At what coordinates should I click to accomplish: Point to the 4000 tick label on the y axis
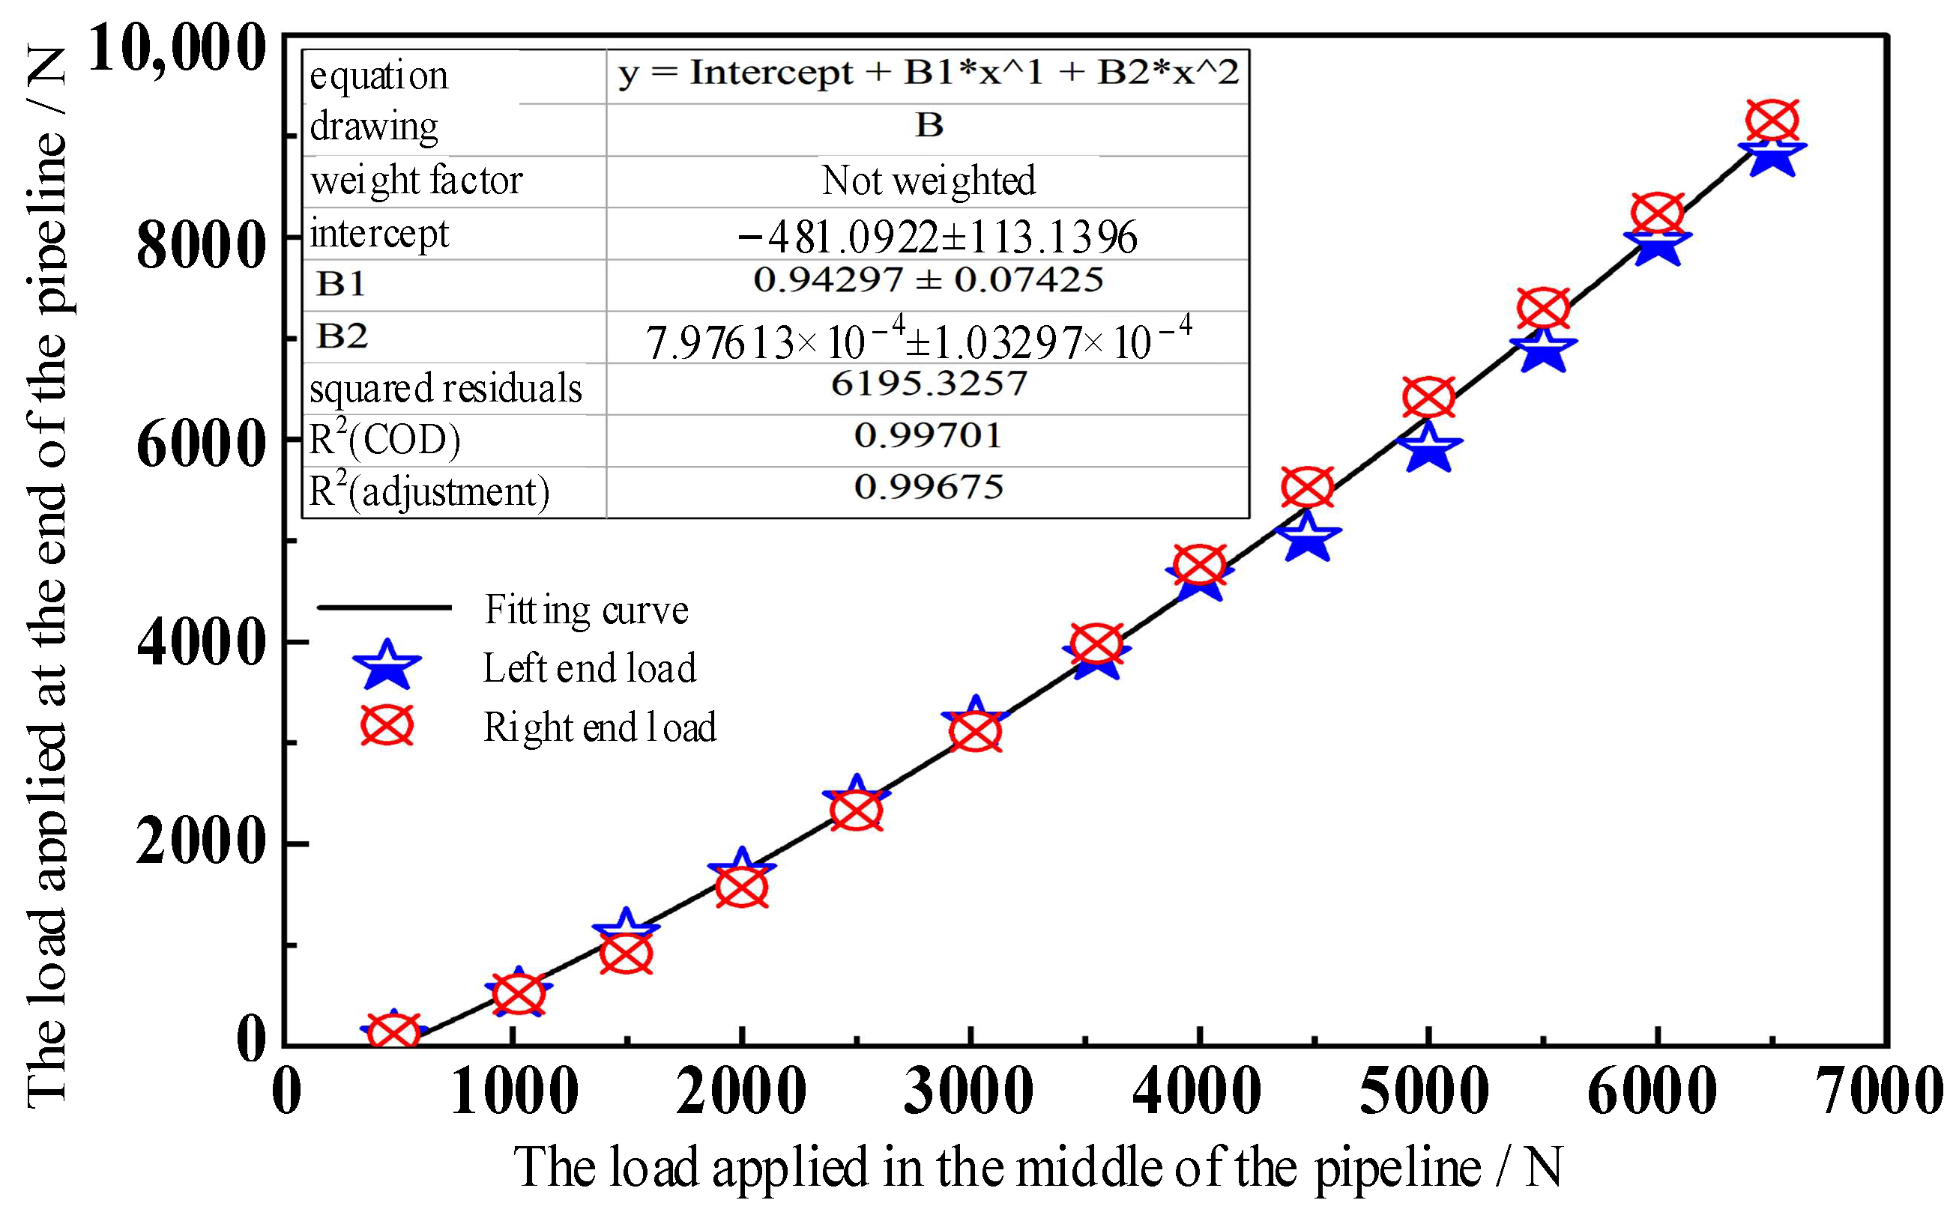(201, 643)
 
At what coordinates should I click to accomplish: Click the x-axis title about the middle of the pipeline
(1038, 1167)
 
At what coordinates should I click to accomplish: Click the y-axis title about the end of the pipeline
(46, 577)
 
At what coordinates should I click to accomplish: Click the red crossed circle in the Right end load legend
(387, 726)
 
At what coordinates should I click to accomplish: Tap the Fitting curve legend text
(586, 610)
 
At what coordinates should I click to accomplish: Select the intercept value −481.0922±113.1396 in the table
(936, 237)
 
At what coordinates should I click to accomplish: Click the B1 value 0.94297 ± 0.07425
(929, 280)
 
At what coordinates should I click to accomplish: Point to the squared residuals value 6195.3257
(929, 384)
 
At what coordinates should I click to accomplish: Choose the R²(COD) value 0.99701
(929, 436)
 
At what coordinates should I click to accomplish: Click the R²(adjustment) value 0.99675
(929, 488)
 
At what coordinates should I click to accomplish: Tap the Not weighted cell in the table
(929, 181)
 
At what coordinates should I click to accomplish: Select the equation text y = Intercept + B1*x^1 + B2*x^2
(929, 73)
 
